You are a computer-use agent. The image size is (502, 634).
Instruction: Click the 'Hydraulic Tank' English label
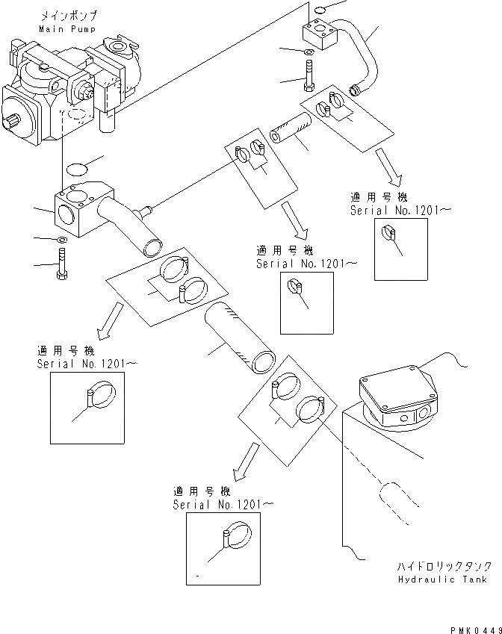pos(442,579)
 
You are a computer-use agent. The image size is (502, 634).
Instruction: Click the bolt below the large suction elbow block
pos(61,266)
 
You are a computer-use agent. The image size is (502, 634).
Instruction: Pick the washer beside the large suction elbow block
pos(61,240)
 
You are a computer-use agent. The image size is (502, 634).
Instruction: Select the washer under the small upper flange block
pos(309,51)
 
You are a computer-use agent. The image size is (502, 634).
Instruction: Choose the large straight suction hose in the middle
pos(238,338)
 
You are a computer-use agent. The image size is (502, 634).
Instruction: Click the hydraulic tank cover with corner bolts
pos(396,389)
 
